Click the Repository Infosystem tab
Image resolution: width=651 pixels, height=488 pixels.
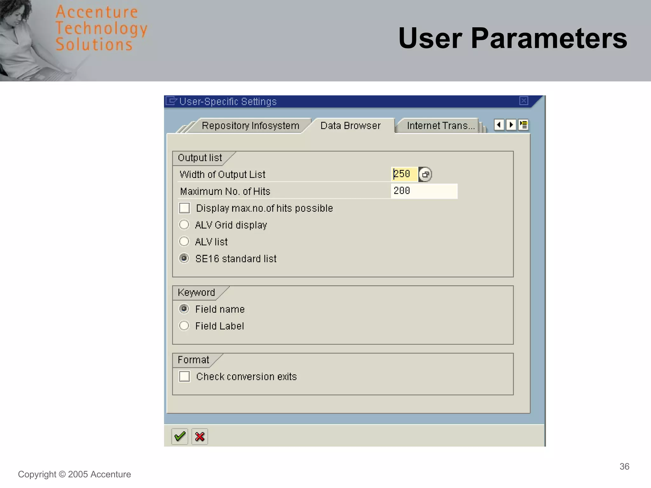(x=250, y=126)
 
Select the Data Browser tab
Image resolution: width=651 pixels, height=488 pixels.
(x=350, y=126)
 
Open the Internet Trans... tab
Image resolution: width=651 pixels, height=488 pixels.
(x=440, y=126)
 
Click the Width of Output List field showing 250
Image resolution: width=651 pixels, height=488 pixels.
(x=404, y=174)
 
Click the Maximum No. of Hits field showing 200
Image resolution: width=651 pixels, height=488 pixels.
(x=424, y=191)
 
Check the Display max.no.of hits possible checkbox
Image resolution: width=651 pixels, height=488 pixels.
(x=184, y=208)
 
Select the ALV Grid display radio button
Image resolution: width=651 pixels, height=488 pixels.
(x=184, y=225)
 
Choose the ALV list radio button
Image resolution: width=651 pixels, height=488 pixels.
(x=184, y=242)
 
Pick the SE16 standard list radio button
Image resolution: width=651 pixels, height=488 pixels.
(x=184, y=258)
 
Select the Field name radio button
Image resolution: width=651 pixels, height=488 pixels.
(x=184, y=309)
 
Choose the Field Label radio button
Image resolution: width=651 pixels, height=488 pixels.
(x=184, y=326)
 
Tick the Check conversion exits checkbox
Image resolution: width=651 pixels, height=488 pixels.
(x=184, y=376)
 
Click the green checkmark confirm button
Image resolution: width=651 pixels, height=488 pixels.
(x=180, y=437)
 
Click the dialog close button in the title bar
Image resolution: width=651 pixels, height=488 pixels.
(x=524, y=101)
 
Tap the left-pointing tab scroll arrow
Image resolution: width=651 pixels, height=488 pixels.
(x=499, y=125)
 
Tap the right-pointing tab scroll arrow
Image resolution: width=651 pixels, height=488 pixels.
(x=511, y=125)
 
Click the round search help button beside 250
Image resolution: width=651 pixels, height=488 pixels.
(x=425, y=174)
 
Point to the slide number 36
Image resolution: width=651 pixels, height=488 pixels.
(x=624, y=466)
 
